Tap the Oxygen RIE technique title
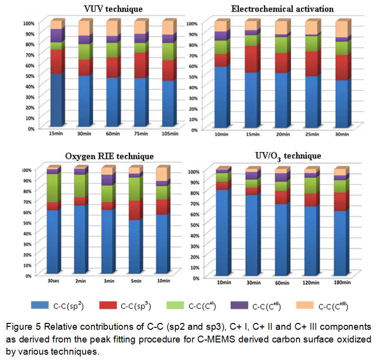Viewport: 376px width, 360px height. [109, 156]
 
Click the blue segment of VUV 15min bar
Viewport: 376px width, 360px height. [57, 100]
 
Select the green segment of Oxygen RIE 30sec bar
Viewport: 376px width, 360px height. [52, 188]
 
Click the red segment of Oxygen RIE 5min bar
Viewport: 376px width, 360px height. [135, 210]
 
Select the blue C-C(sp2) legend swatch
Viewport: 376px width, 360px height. [47, 305]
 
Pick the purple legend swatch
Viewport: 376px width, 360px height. [239, 306]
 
